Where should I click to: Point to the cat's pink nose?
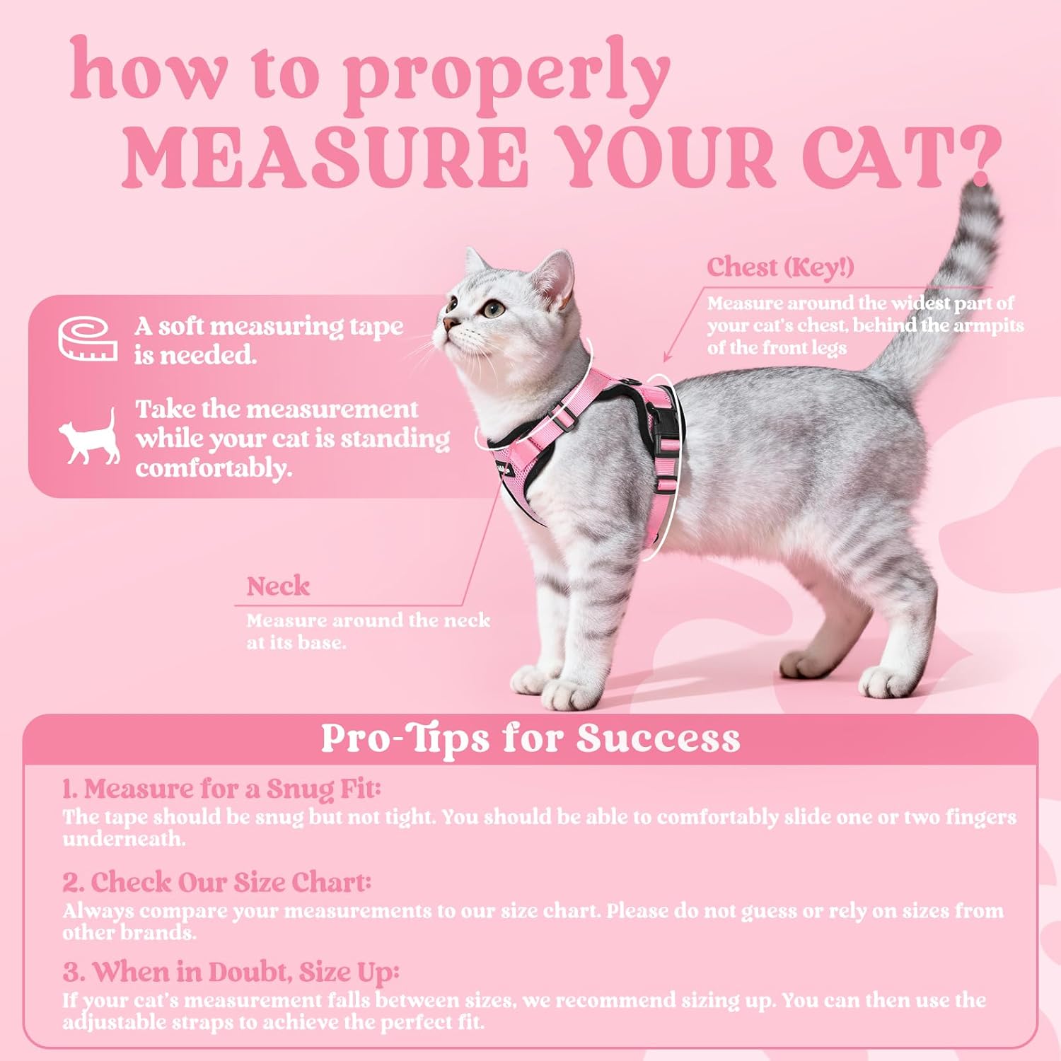click(x=448, y=324)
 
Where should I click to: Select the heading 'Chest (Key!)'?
click(x=780, y=267)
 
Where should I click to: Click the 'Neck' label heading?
click(x=278, y=586)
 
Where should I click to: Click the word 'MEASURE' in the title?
click(x=325, y=157)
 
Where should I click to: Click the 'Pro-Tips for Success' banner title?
click(x=530, y=738)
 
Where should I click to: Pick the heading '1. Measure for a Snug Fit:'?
click(x=221, y=789)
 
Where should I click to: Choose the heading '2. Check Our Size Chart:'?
click(x=216, y=882)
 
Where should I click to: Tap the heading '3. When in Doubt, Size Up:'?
click(x=231, y=972)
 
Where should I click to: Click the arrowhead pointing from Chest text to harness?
click(x=666, y=359)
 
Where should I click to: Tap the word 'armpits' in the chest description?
click(x=988, y=325)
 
